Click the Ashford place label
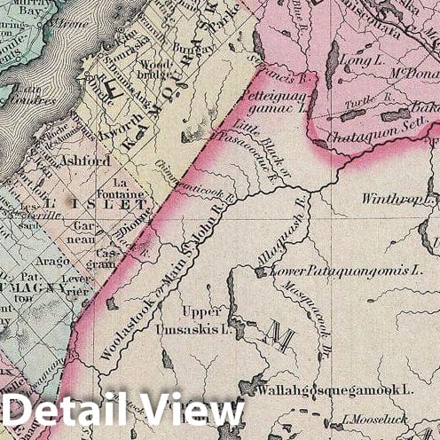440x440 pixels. click(85, 161)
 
